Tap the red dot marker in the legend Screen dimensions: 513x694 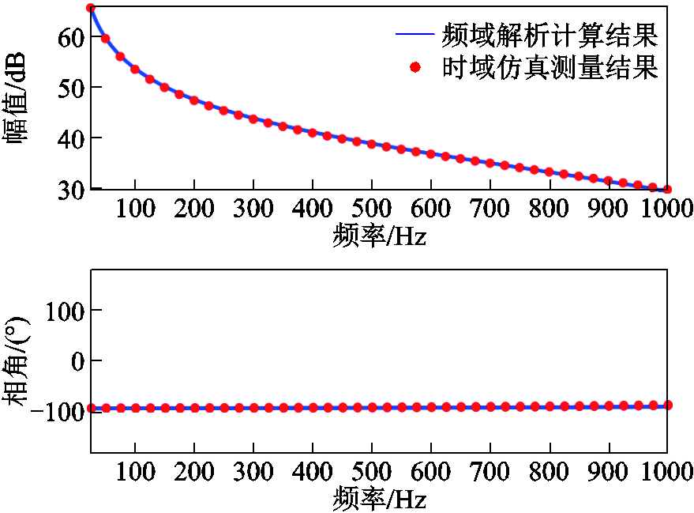click(x=415, y=67)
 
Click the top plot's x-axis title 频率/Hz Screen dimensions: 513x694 click(x=379, y=235)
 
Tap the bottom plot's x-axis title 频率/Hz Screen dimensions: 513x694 click(x=379, y=498)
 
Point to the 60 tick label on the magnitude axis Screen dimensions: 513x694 click(x=70, y=36)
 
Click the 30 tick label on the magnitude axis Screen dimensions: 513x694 click(x=70, y=189)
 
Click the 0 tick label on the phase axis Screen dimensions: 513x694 click(x=77, y=360)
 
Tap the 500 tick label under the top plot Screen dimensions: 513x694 click(x=372, y=210)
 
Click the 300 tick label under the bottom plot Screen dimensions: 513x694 click(x=253, y=473)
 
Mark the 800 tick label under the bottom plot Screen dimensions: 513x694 click(x=550, y=473)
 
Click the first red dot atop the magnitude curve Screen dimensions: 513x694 click(x=91, y=8)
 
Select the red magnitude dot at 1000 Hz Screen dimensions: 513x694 click(x=667, y=189)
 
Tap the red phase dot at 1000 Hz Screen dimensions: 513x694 click(x=667, y=405)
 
